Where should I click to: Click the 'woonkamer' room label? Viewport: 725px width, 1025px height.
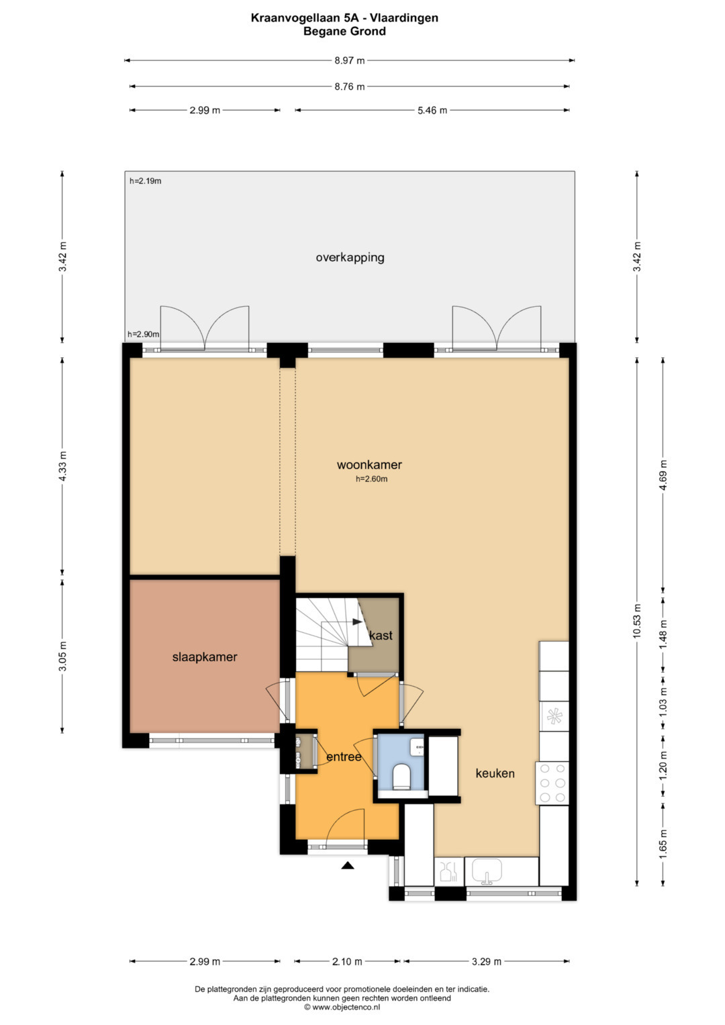click(x=369, y=465)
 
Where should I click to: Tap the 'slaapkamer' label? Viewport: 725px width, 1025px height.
click(x=205, y=657)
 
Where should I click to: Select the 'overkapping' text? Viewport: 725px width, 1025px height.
click(x=350, y=258)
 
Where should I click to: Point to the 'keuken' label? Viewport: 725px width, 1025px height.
click(x=495, y=773)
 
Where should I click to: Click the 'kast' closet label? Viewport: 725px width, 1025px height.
click(x=381, y=636)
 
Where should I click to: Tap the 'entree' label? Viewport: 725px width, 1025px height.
click(x=344, y=757)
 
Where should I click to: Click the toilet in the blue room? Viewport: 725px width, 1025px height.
click(x=402, y=776)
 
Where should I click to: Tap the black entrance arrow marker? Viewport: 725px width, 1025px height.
click(x=348, y=865)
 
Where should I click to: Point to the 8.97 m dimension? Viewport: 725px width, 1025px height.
click(x=350, y=60)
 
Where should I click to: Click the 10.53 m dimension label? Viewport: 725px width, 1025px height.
click(x=637, y=621)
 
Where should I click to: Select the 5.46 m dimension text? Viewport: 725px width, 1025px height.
click(x=432, y=110)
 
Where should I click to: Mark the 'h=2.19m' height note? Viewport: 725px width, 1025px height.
click(x=145, y=181)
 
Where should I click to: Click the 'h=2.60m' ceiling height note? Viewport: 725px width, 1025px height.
click(x=372, y=479)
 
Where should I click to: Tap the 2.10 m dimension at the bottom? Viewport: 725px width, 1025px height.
click(x=347, y=962)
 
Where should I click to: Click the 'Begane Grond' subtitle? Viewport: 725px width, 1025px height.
click(x=344, y=31)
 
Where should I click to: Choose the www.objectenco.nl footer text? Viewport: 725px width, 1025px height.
click(x=342, y=1007)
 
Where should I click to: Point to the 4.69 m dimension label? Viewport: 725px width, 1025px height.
click(x=663, y=475)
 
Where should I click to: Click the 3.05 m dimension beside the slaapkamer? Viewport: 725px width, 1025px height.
click(x=62, y=656)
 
